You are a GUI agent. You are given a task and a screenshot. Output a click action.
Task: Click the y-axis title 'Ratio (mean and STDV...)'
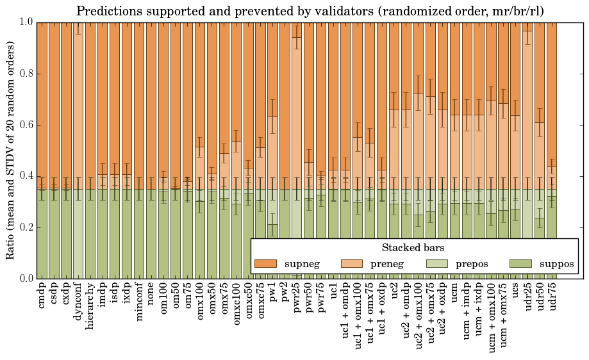click(11, 151)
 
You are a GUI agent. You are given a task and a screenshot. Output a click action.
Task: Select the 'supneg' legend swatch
click(265, 264)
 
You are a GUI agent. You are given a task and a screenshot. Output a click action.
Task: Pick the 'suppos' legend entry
click(542, 264)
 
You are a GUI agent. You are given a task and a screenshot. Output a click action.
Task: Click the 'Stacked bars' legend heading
click(413, 248)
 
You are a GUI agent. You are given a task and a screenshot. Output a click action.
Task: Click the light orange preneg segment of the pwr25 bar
click(297, 128)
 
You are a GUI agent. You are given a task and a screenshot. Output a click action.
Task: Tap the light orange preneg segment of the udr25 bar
click(527, 128)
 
